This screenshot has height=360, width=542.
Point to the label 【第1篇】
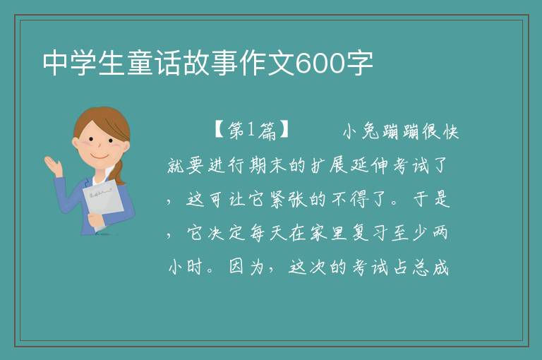[251, 131]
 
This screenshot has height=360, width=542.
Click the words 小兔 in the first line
[362, 132]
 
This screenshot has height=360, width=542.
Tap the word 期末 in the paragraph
[268, 165]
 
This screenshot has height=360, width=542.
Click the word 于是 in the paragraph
[431, 199]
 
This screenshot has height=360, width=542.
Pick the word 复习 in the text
[371, 233]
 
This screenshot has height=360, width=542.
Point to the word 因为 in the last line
[246, 267]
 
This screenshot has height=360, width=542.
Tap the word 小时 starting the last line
[186, 267]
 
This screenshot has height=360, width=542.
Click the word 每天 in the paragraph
[268, 233]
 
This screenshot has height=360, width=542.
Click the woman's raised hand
[54, 165]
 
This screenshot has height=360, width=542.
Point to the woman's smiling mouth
[100, 157]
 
